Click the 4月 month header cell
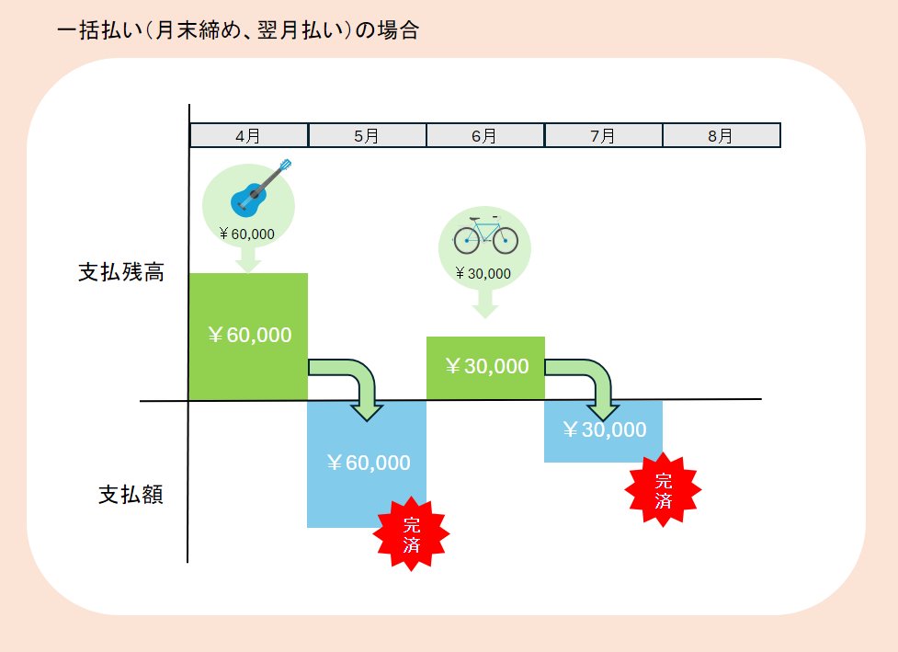[248, 135]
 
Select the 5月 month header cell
[367, 135]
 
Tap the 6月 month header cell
[484, 135]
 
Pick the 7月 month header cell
[603, 135]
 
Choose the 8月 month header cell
[721, 135]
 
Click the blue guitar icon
[261, 186]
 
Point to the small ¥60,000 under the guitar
[247, 234]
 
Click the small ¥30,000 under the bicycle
[483, 273]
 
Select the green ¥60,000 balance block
[247, 336]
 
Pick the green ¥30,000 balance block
[485, 367]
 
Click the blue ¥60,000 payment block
[366, 463]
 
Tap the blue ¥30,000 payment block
[603, 430]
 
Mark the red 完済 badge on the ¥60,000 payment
[412, 534]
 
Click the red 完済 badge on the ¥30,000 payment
[664, 490]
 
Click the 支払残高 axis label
[120, 273]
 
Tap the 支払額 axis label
[131, 495]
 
